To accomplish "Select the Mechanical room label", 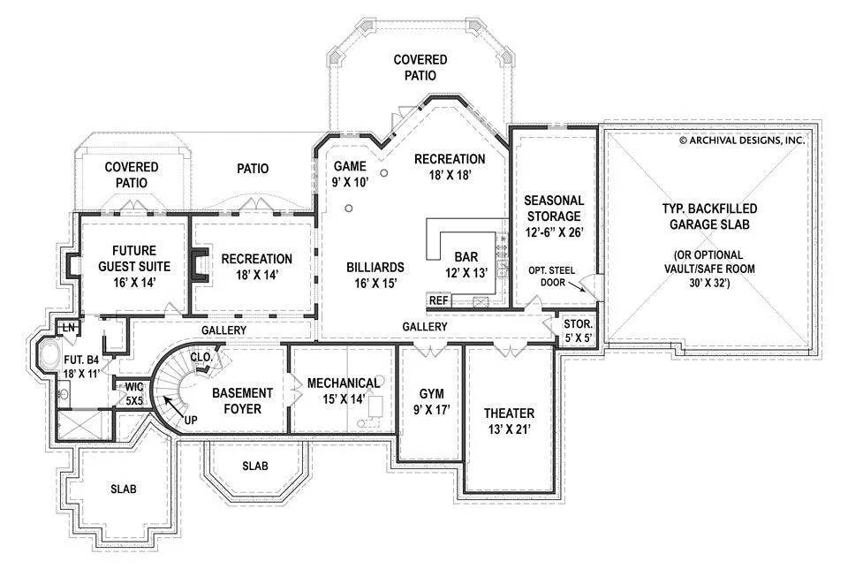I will click(x=343, y=391).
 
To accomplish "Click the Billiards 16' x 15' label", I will click(x=375, y=275).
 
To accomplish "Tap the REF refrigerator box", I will click(x=439, y=300).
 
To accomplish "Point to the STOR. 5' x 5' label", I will click(x=578, y=330).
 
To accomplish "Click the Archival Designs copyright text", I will click(x=741, y=140).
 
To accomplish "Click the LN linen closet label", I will click(x=67, y=328).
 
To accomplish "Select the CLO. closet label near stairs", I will click(x=200, y=357).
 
